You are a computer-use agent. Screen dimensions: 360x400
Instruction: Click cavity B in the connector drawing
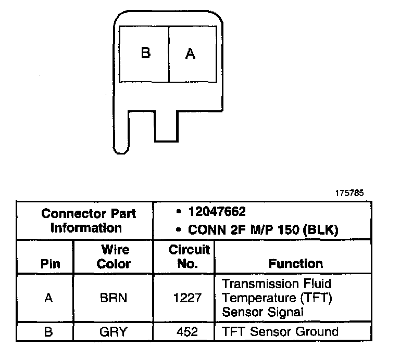click(145, 53)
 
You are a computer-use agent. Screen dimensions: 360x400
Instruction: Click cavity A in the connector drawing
click(190, 54)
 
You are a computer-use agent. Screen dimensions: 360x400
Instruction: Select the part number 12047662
click(217, 212)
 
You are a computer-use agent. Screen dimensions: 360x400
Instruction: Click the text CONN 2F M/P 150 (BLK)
click(255, 228)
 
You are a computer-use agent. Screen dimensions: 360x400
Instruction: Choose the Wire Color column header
click(114, 256)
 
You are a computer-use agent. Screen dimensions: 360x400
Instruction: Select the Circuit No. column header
click(189, 256)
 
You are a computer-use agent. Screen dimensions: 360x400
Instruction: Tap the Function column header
click(295, 263)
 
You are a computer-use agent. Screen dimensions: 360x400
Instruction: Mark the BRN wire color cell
click(114, 299)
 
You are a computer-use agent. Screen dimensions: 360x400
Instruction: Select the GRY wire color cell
click(114, 332)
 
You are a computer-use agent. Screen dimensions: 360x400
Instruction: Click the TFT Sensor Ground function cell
click(280, 331)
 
